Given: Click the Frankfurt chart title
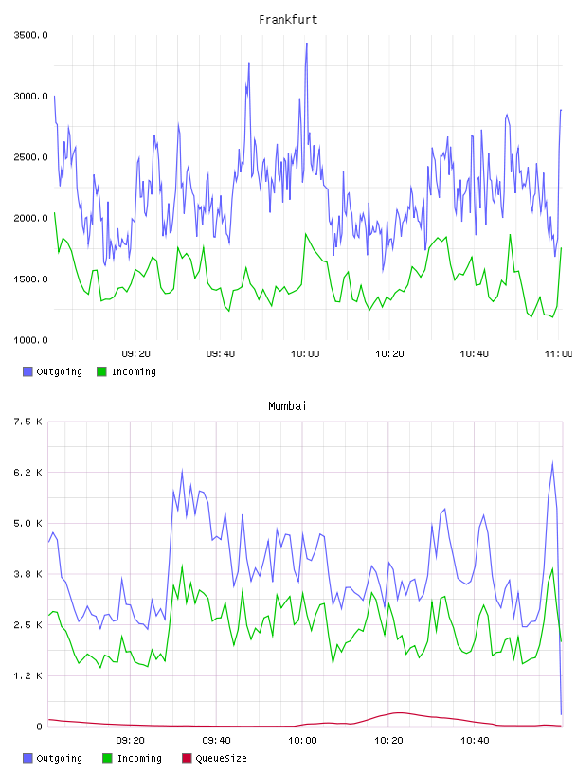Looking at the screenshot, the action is click(288, 20).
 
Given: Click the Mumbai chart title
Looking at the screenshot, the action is click(287, 406).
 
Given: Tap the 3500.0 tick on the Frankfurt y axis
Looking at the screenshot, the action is click(30, 35).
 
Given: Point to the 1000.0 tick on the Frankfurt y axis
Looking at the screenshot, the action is click(30, 340).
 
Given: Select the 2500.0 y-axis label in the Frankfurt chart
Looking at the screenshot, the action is click(30, 157).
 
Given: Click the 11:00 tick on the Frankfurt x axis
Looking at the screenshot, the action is click(558, 354).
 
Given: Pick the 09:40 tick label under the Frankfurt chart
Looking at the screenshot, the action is click(221, 354).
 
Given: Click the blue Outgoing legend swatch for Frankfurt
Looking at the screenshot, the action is click(27, 371).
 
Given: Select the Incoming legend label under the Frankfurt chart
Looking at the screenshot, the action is click(134, 371).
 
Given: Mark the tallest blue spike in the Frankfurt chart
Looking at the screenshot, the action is click(307, 44).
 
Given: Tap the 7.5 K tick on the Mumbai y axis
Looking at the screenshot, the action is click(28, 422).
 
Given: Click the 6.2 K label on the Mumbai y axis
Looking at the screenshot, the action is click(28, 473).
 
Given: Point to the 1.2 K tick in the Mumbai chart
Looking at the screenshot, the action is click(28, 675).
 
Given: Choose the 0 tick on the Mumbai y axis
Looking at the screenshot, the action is click(39, 727).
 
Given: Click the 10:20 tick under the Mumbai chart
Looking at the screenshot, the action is click(388, 741).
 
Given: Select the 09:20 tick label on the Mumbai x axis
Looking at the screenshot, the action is click(130, 741).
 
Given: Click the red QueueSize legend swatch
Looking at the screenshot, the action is click(187, 758).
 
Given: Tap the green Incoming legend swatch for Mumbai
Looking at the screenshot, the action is click(107, 758).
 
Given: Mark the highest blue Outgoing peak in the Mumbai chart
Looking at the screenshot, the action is click(553, 462).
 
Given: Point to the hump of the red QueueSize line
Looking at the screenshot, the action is click(400, 713).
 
